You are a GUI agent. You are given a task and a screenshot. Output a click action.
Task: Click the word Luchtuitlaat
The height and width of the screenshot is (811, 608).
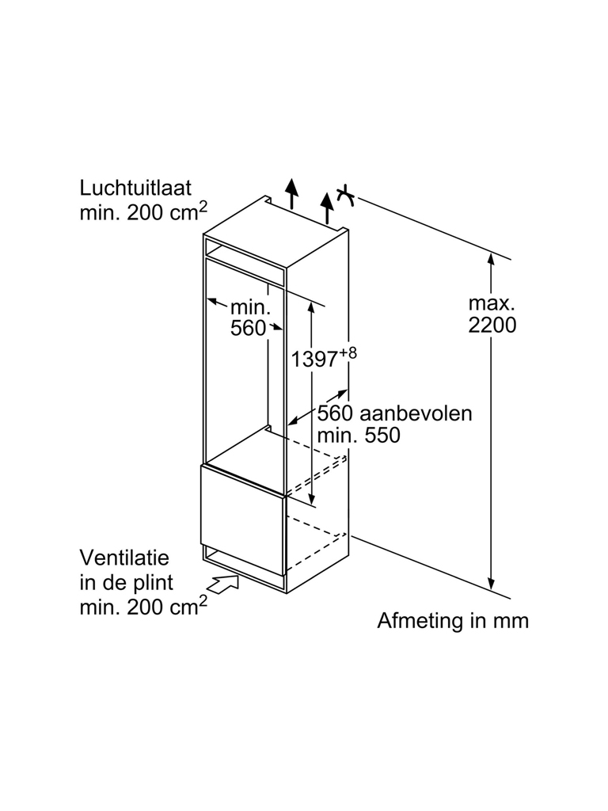(135, 188)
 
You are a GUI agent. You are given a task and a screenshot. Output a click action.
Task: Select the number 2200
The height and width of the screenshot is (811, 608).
(492, 325)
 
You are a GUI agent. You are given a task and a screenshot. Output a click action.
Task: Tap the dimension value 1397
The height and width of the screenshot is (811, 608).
(313, 359)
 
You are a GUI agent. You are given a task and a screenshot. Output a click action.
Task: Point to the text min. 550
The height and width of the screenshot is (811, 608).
(358, 435)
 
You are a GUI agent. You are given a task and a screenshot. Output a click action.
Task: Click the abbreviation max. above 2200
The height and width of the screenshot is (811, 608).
(492, 303)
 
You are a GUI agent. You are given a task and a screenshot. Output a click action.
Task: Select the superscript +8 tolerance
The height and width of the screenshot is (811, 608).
(348, 353)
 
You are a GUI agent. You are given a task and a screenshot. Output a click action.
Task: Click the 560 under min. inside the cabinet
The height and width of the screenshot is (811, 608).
(248, 328)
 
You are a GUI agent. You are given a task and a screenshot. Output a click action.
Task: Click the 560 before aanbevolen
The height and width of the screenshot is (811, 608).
(335, 413)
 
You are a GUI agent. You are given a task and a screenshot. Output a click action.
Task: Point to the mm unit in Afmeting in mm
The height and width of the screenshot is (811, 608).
(511, 621)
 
